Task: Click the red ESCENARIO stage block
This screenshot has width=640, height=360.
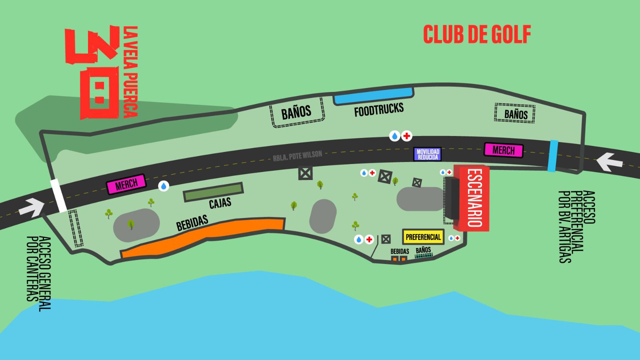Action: (x=474, y=198)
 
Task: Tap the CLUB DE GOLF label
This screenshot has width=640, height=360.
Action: (x=477, y=34)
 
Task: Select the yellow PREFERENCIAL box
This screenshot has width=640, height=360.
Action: (x=423, y=237)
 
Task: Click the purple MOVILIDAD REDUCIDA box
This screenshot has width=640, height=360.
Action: (x=428, y=154)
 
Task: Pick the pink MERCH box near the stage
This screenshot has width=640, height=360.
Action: (x=503, y=150)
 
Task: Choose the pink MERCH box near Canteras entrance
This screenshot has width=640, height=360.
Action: (x=126, y=184)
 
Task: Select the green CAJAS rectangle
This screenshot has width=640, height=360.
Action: (x=213, y=192)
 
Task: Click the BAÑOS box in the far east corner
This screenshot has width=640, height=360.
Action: (x=515, y=114)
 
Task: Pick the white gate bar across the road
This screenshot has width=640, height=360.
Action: (x=58, y=196)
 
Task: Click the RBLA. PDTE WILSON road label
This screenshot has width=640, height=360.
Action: (x=298, y=155)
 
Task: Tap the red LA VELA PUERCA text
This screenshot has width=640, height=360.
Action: (x=130, y=72)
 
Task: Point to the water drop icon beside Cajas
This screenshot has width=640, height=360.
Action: (x=164, y=186)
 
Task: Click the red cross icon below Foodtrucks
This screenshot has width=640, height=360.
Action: (x=406, y=136)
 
